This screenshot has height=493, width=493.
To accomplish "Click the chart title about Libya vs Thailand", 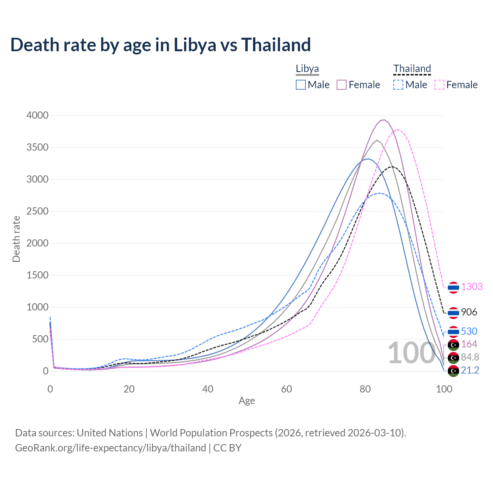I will pos(160,45).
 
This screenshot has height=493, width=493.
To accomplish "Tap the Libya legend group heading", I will pos(307,69).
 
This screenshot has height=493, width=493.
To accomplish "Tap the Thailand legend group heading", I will pos(412,69).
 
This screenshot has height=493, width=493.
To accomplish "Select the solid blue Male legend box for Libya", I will pos(301,85).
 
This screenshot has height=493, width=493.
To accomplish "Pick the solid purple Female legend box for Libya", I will pos(342,85).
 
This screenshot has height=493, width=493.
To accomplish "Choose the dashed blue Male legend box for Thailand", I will pos(398,85).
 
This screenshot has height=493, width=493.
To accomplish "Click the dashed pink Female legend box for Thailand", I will pos(439,85).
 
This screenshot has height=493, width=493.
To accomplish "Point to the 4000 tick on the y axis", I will pos(37,115).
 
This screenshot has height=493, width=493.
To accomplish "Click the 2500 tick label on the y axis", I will pos(37,211).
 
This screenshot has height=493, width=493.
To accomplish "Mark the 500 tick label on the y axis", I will pos(40,339).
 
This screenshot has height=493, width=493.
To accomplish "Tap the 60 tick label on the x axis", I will pos(287,389).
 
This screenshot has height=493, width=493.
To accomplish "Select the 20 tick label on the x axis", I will pos(129,389).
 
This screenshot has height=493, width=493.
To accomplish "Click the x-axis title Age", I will pos(246,401).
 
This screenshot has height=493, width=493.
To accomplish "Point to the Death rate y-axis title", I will pos(16,239).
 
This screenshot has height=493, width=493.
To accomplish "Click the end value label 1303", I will pos(472,287).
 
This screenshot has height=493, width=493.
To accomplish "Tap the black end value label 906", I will pos(469,312).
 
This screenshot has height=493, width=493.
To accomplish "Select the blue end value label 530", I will pos(469,331).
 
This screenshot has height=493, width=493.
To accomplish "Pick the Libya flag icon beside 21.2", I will pos(453,371).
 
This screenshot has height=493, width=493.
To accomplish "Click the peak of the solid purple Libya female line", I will pos(384,120).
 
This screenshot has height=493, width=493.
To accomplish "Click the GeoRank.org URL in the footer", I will pos(111,448).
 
